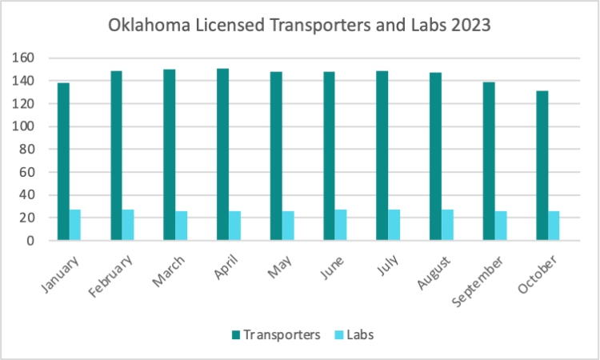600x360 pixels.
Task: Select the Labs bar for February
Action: click(128, 225)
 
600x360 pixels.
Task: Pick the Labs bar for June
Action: click(341, 225)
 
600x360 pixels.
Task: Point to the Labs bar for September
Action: click(500, 226)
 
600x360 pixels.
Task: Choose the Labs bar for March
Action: click(182, 226)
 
